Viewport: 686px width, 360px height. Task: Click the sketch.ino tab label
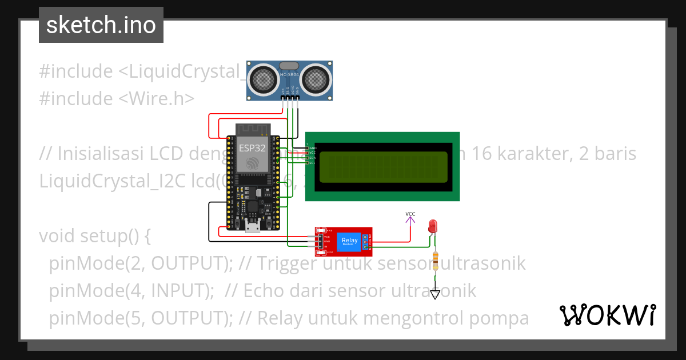pos(101,25)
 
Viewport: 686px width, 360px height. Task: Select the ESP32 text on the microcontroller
pos(252,147)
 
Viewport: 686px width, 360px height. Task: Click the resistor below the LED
pos(436,260)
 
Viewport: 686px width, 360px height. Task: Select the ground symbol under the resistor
pos(436,295)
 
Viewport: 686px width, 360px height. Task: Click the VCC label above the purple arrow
pos(410,214)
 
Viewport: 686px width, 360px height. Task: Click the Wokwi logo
pos(607,315)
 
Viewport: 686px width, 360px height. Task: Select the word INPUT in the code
pos(178,291)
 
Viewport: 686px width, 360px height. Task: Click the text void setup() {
pos(94,236)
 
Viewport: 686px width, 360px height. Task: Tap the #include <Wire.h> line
pos(117,98)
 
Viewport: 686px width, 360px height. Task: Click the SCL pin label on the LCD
pos(312,163)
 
